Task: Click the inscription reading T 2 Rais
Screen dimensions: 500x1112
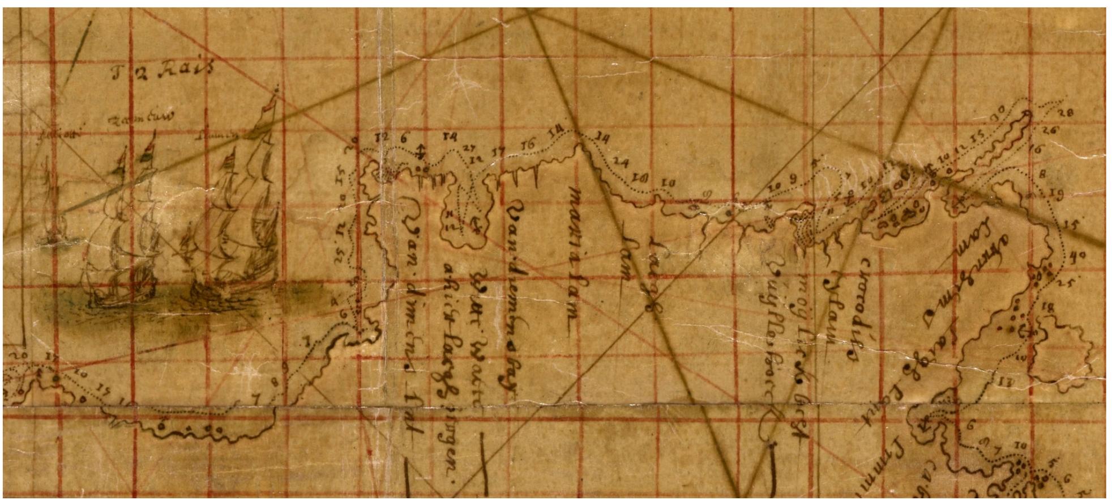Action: click(x=162, y=71)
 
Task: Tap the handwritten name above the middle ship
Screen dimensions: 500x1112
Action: click(x=141, y=118)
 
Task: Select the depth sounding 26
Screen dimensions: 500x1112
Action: click(x=1051, y=130)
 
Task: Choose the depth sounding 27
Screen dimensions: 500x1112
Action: click(x=469, y=148)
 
